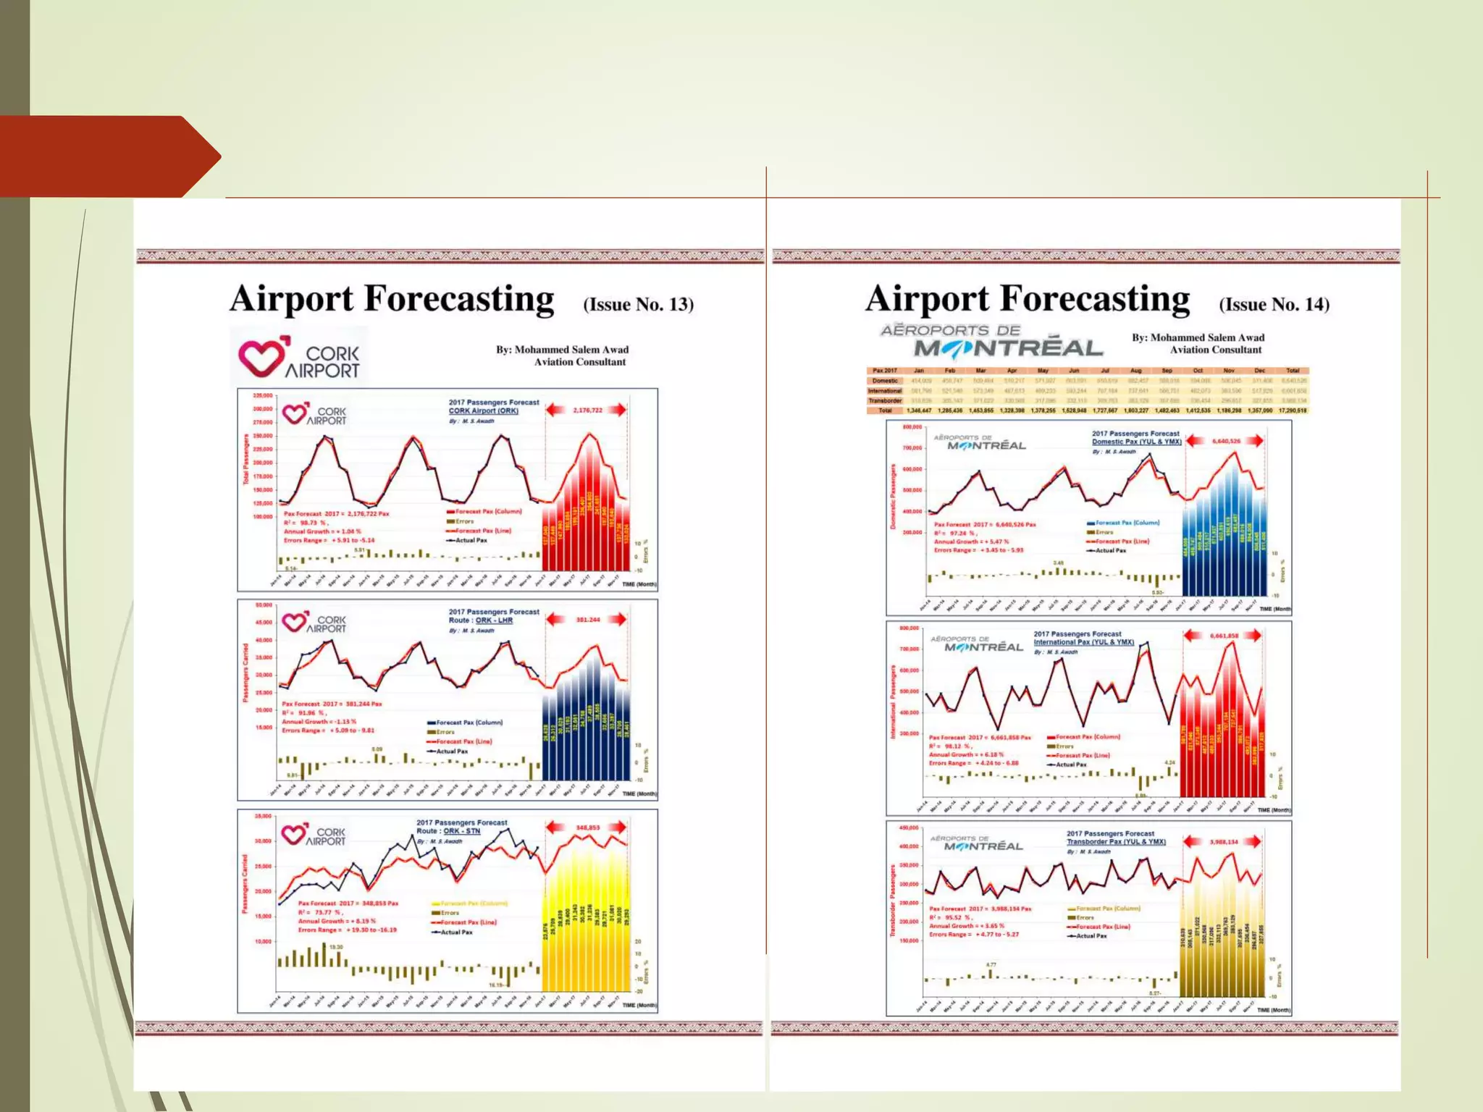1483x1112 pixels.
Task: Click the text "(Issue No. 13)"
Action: coord(638,304)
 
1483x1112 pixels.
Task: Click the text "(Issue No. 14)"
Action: coord(1274,304)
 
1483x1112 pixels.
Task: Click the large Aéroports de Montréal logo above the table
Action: coord(991,342)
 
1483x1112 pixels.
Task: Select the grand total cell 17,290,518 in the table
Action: coord(1292,410)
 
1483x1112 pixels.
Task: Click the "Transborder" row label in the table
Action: coord(885,400)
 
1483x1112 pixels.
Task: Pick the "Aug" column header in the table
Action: coord(1135,371)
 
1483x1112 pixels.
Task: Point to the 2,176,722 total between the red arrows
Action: coord(587,410)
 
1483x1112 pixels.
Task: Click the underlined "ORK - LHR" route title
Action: coord(494,620)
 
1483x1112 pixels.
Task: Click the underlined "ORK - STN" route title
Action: coord(461,831)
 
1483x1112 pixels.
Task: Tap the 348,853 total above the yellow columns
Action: coord(587,827)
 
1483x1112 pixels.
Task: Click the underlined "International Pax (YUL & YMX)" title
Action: coord(1083,642)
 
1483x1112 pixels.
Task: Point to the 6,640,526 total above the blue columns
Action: coord(1224,441)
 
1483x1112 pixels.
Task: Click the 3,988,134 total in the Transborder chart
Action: coord(1224,842)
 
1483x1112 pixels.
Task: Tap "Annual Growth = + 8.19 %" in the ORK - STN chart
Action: coord(337,921)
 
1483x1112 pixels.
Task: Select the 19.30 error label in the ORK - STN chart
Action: coord(336,947)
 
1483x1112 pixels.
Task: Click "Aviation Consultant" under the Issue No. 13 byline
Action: coord(579,362)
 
